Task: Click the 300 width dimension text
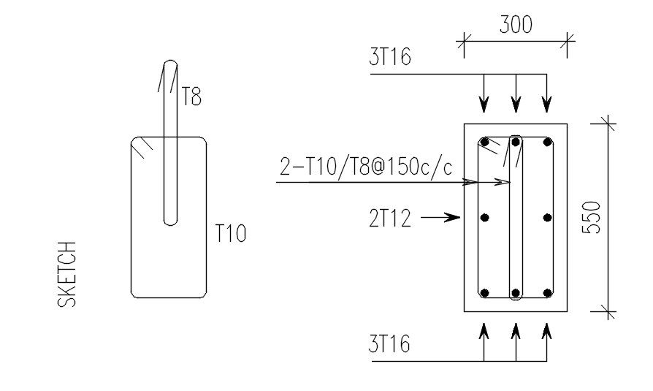click(516, 25)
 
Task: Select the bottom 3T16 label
click(389, 344)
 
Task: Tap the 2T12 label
click(390, 217)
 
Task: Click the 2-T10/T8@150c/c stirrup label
click(366, 167)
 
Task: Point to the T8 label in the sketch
click(191, 96)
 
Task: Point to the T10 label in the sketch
click(230, 234)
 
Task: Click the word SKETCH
click(66, 274)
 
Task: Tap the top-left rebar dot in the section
click(484, 143)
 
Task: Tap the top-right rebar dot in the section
click(547, 143)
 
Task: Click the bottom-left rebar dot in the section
click(484, 293)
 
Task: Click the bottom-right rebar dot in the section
click(547, 293)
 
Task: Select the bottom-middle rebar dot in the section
click(516, 293)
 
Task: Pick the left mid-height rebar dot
click(484, 217)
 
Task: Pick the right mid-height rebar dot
click(547, 217)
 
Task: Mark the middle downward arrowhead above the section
click(516, 107)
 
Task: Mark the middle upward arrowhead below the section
click(516, 330)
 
